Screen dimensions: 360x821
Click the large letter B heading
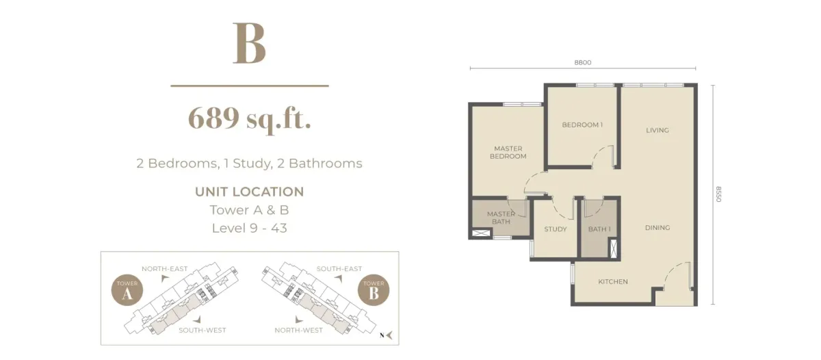[249, 44]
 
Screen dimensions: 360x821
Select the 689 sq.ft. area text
[250, 119]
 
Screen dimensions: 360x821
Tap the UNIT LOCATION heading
[249, 192]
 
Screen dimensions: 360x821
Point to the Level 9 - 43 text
[249, 228]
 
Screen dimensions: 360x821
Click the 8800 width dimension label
[582, 62]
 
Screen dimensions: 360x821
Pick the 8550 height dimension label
[718, 194]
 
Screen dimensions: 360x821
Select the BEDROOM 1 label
[582, 125]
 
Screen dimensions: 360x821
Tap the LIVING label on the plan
[657, 130]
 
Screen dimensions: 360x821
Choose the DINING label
[657, 228]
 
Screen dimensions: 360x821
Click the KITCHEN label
[613, 281]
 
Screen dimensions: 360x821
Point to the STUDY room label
[556, 229]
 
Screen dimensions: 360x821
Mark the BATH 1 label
[599, 229]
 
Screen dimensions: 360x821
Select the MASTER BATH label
[501, 218]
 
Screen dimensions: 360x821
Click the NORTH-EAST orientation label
[164, 269]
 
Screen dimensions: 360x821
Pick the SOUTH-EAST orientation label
[339, 269]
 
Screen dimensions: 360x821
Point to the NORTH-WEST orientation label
[298, 330]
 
